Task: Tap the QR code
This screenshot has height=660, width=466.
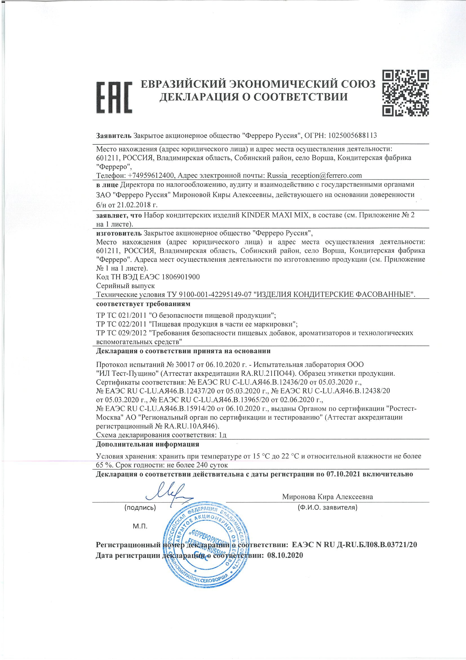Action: pyautogui.click(x=406, y=93)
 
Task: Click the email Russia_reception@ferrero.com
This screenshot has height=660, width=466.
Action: pyautogui.click(x=314, y=175)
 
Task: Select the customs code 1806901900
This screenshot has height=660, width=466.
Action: pyautogui.click(x=181, y=277)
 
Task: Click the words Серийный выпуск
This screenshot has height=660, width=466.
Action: pyautogui.click(x=125, y=286)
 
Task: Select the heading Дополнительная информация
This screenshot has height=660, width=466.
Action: pyautogui.click(x=147, y=444)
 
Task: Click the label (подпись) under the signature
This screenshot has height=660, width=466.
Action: pyautogui.click(x=140, y=508)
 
